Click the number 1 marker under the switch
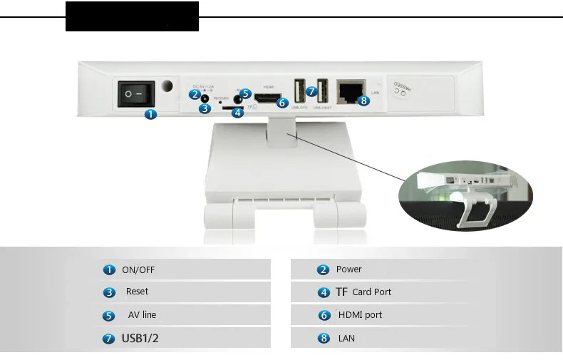click(x=150, y=114)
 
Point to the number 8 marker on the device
click(x=364, y=101)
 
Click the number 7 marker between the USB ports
click(x=311, y=91)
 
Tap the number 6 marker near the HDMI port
click(x=282, y=103)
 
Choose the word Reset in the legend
click(x=137, y=292)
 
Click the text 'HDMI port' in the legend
click(x=360, y=314)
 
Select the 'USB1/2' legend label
click(x=140, y=338)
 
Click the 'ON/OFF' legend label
click(x=138, y=269)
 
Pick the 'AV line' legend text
click(x=142, y=314)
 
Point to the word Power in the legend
click(x=348, y=269)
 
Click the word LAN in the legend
click(x=346, y=338)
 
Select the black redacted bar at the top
click(x=132, y=16)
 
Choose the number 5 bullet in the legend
click(x=109, y=315)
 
